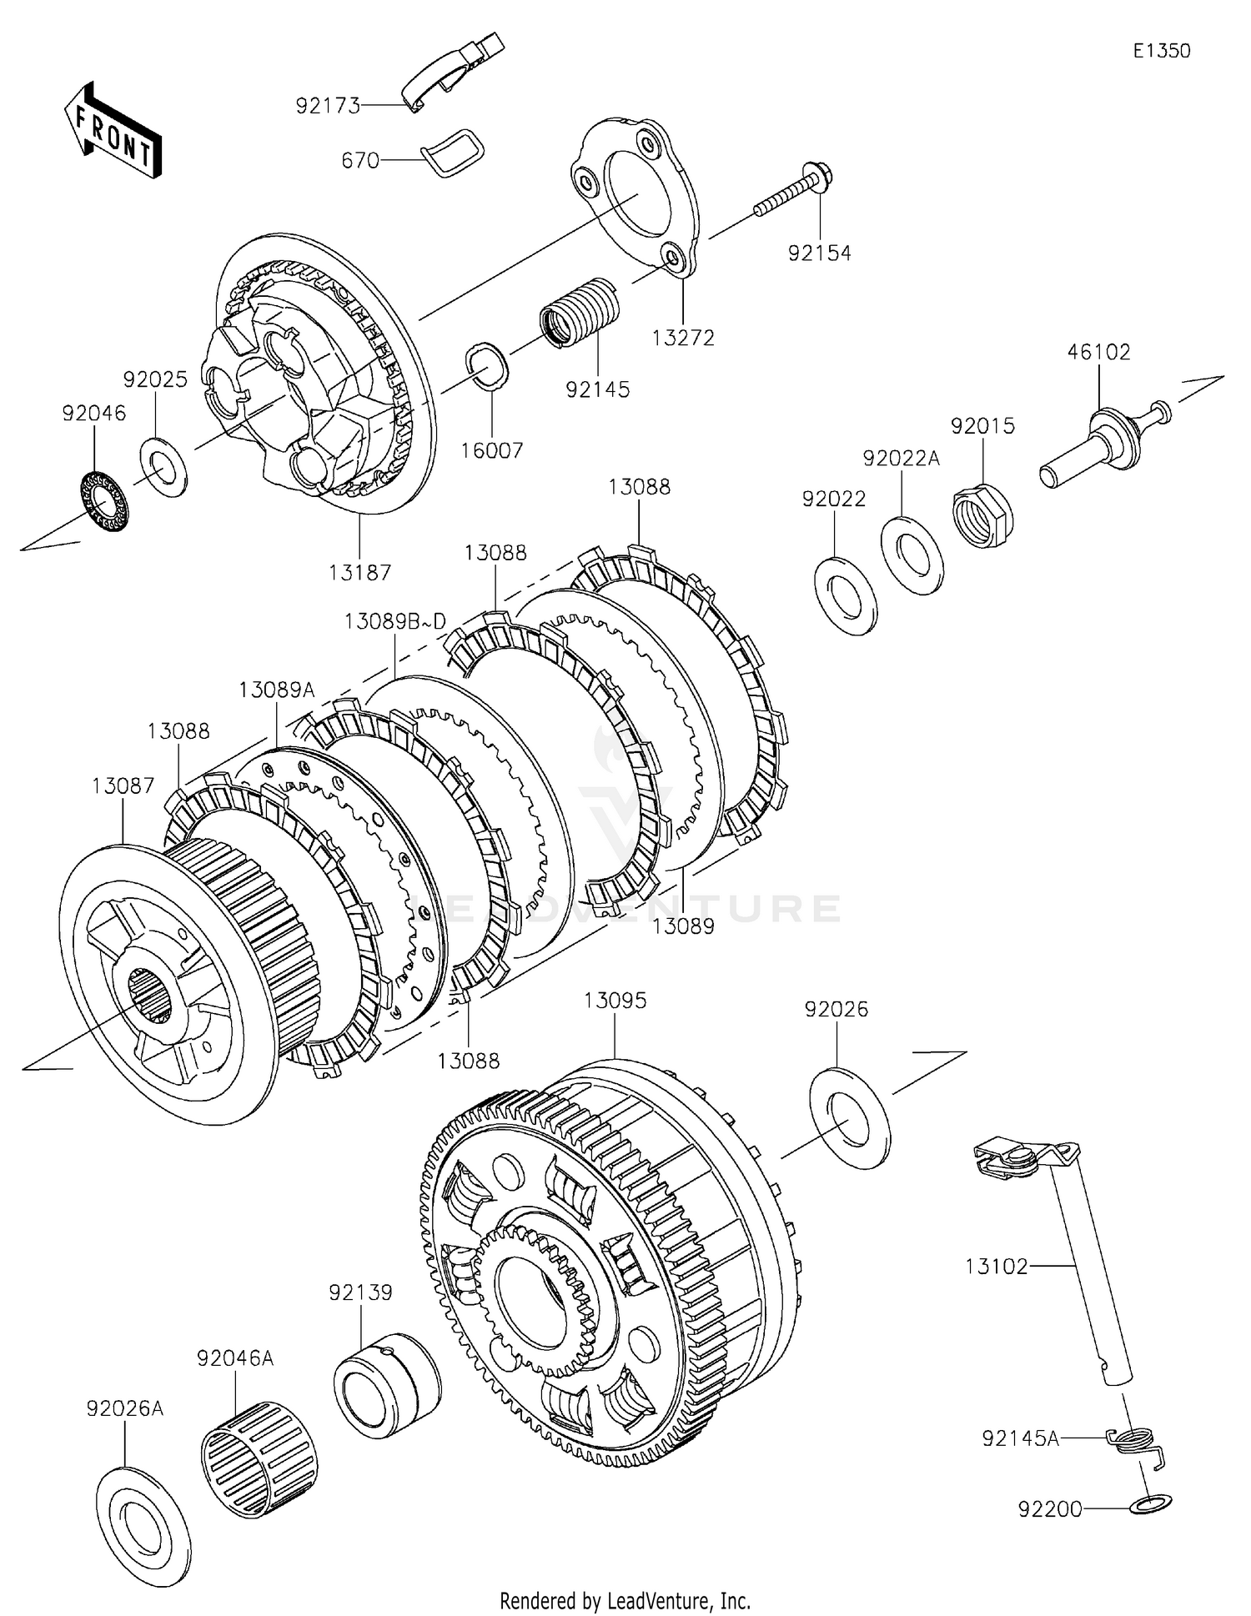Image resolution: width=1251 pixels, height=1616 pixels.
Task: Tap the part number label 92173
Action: point(328,106)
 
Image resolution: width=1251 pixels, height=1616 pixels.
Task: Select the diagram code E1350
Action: point(1161,51)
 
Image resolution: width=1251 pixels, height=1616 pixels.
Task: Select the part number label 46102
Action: point(1098,352)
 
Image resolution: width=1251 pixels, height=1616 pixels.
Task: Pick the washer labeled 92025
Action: point(163,465)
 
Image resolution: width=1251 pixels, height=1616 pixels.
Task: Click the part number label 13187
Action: point(359,572)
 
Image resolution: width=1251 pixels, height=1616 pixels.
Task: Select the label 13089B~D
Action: point(395,621)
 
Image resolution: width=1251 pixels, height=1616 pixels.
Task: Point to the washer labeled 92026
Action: point(849,1117)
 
